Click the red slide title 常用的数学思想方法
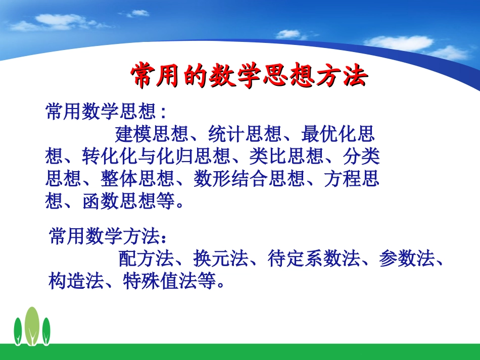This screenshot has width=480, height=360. (x=248, y=77)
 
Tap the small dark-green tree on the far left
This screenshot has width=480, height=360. (x=18, y=331)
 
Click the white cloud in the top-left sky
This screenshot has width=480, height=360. (x=61, y=21)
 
